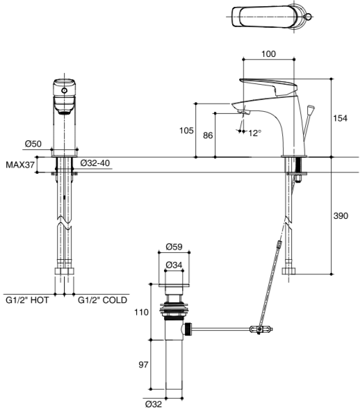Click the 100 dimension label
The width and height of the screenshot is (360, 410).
coord(268,54)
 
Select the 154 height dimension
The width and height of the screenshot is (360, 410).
coord(340,118)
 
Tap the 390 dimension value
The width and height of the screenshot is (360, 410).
coord(341,215)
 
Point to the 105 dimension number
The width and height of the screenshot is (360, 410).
coord(186,130)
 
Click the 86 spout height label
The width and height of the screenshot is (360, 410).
coord(208,136)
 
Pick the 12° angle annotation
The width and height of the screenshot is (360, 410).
coord(254,133)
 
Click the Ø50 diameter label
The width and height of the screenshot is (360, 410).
coord(33,144)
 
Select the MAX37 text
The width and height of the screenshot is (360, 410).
coord(20,165)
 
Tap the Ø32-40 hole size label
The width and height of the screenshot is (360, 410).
coord(95,163)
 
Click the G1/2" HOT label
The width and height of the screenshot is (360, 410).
coord(27,300)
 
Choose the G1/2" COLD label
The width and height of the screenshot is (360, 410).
coord(102,300)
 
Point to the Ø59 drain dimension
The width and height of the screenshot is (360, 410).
coord(174,247)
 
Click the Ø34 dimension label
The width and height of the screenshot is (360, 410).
coord(174,265)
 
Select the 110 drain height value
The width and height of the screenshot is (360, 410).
coord(141,312)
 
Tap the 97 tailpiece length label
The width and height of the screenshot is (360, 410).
coord(143,365)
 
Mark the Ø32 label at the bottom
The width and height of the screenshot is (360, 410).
coord(153,404)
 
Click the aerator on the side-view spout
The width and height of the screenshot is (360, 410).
coord(244,112)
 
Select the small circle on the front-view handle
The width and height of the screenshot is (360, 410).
coord(64,91)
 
